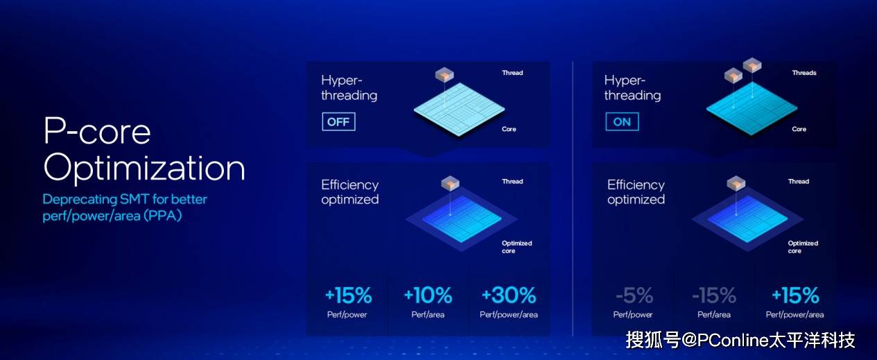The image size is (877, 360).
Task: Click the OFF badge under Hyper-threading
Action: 338,121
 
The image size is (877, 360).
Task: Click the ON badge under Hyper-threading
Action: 622,121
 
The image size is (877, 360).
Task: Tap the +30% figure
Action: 509,295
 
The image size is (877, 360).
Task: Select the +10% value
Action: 428,295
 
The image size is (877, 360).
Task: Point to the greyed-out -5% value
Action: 634,295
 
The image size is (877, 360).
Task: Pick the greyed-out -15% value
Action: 714,295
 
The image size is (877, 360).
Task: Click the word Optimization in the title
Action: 144,169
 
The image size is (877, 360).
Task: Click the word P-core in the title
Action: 97,131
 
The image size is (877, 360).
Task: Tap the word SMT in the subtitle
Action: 134,199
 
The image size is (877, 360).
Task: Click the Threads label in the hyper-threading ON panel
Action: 804,73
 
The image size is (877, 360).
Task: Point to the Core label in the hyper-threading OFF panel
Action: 509,129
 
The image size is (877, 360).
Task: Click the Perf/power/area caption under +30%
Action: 509,314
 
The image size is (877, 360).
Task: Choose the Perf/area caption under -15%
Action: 714,314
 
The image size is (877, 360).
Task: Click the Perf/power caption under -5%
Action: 633,314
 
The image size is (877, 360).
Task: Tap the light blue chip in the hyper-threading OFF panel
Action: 459,110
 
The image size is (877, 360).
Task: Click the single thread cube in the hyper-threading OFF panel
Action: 444,74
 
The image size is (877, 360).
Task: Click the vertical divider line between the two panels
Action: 573,198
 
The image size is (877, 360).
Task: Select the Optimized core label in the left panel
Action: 516,247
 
